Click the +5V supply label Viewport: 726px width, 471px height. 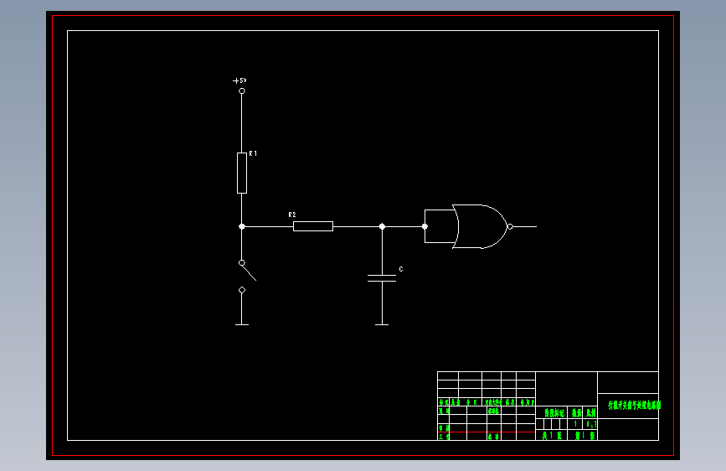pyautogui.click(x=240, y=80)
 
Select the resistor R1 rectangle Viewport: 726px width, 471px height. pyautogui.click(x=242, y=173)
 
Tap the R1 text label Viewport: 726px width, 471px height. pyautogui.click(x=253, y=154)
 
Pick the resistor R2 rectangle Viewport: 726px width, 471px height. pyautogui.click(x=313, y=226)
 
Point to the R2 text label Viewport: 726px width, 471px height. pyautogui.click(x=292, y=215)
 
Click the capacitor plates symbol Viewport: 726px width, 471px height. pyautogui.click(x=382, y=277)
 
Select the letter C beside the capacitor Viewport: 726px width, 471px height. pyautogui.click(x=400, y=269)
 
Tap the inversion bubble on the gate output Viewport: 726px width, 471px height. pyautogui.click(x=509, y=226)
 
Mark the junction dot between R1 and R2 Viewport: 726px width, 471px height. pyautogui.click(x=242, y=226)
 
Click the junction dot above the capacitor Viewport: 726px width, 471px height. pyautogui.click(x=382, y=226)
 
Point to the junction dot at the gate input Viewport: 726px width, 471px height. pyautogui.click(x=425, y=226)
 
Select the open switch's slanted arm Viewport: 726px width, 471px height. pyautogui.click(x=247, y=270)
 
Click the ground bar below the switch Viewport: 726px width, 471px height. pyautogui.click(x=242, y=324)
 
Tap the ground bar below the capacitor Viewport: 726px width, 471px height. pyautogui.click(x=382, y=324)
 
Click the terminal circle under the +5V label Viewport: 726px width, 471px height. pyautogui.click(x=242, y=91)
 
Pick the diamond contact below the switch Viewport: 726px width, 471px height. pyautogui.click(x=242, y=290)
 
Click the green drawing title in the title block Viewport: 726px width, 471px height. pyautogui.click(x=634, y=405)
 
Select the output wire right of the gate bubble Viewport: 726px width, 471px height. pyautogui.click(x=524, y=226)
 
